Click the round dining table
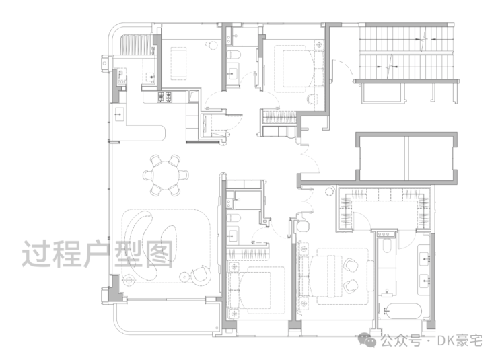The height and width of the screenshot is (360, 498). click(166, 175)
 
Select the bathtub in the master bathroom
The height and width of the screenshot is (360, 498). click(402, 312)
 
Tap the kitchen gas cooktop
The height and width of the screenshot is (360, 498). click(165, 97)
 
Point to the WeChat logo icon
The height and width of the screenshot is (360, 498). click(367, 340)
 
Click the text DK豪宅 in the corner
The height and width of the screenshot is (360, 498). click(460, 340)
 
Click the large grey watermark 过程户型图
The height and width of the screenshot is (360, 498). click(98, 254)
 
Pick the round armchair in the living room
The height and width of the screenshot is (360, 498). click(201, 275)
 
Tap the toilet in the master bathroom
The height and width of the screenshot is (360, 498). click(387, 245)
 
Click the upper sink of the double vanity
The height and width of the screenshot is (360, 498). click(425, 259)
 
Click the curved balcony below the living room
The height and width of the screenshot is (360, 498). click(165, 318)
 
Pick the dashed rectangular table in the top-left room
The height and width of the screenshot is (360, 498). click(178, 63)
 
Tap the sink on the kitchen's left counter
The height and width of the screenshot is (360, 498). click(119, 113)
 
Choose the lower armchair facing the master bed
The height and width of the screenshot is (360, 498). click(351, 285)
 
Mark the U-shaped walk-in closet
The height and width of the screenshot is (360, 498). click(385, 209)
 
